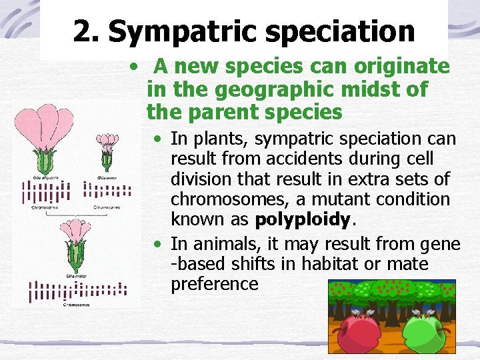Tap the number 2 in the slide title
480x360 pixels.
tap(82, 31)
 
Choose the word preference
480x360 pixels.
tap(214, 284)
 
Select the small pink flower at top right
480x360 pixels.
tap(107, 144)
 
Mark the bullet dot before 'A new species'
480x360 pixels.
tap(135, 67)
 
